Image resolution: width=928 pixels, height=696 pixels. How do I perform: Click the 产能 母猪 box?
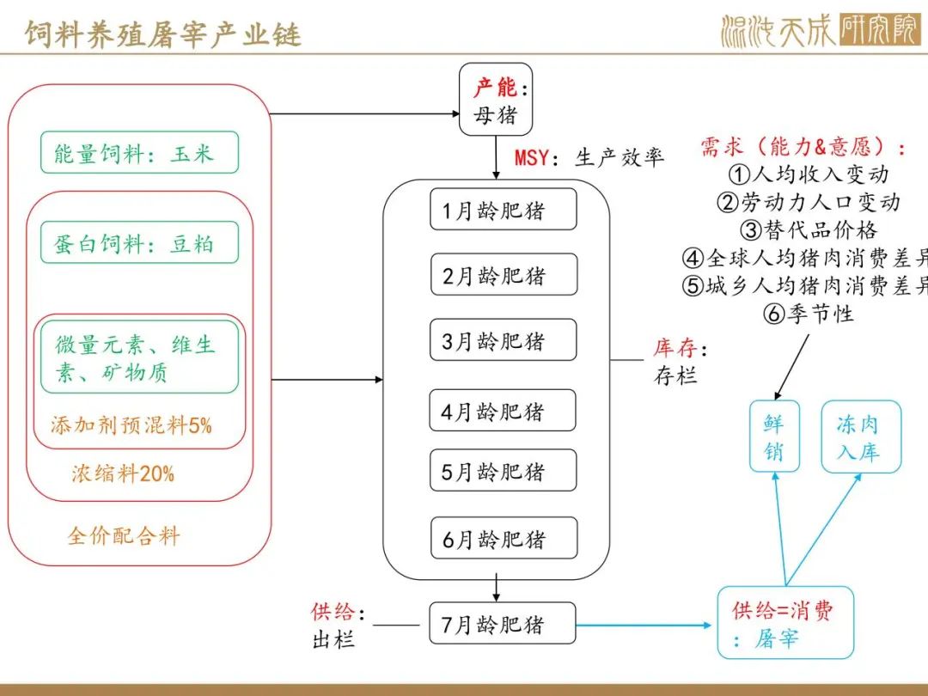click(x=496, y=100)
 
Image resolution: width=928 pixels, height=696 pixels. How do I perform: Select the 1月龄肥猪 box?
click(x=503, y=209)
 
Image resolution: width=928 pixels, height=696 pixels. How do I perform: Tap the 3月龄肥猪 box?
click(x=503, y=339)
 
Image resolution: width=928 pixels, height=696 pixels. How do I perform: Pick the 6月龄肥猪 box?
click(x=504, y=537)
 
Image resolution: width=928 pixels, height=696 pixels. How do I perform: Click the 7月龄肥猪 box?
click(x=503, y=623)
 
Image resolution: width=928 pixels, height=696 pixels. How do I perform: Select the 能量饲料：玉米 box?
click(x=140, y=153)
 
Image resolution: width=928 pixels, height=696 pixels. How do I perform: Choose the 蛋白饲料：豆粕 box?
click(x=140, y=242)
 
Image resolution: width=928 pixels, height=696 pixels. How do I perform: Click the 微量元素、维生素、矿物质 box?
click(x=140, y=357)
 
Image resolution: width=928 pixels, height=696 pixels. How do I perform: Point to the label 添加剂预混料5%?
click(x=131, y=425)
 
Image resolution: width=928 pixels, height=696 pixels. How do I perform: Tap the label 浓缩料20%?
click(x=123, y=473)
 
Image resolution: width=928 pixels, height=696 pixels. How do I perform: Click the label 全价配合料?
click(x=124, y=535)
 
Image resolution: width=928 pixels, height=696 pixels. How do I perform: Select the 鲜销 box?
click(x=775, y=437)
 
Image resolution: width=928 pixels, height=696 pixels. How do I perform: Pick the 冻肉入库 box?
click(x=861, y=437)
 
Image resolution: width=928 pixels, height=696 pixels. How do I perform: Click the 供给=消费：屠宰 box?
click(x=786, y=623)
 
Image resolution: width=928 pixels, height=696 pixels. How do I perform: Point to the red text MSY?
click(x=532, y=158)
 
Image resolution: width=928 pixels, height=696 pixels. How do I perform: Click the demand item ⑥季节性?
click(x=809, y=313)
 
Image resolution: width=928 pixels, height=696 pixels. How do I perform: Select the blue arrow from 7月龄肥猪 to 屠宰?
click(x=644, y=625)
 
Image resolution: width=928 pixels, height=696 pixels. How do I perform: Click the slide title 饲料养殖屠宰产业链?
click(x=162, y=34)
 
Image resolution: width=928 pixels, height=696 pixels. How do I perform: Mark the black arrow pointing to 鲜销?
click(x=791, y=368)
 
